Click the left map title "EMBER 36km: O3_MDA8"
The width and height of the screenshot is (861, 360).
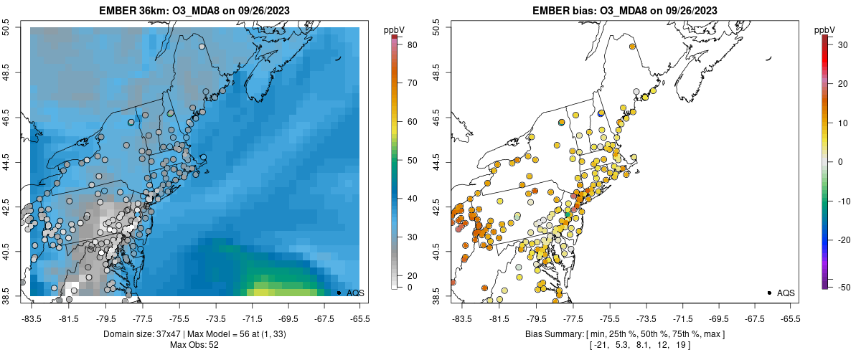click(194, 11)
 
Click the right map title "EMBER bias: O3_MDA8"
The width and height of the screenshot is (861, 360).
click(625, 11)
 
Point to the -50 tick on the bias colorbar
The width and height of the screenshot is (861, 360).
click(839, 287)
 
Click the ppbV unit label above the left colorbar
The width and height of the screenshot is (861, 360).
click(394, 29)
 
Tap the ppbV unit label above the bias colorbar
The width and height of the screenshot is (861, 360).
click(824, 29)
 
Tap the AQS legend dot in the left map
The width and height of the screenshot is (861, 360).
click(338, 293)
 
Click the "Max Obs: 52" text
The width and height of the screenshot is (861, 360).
click(194, 345)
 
